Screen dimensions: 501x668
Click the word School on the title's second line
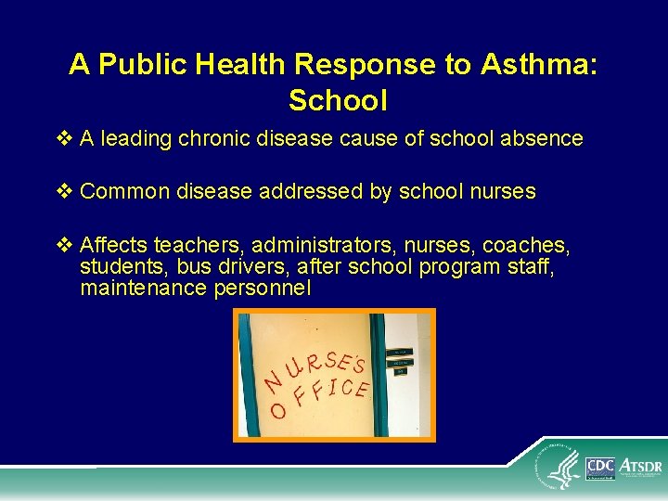click(x=338, y=99)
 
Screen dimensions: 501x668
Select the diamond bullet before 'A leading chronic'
click(x=64, y=139)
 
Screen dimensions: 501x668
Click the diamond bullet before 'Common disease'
click(x=64, y=192)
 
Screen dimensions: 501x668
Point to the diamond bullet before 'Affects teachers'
click(x=64, y=246)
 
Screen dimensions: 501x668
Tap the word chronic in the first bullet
click(x=213, y=139)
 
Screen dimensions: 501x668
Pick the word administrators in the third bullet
click(x=311, y=246)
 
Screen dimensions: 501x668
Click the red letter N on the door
click(x=273, y=380)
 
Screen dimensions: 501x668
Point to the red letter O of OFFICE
click(x=277, y=409)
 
